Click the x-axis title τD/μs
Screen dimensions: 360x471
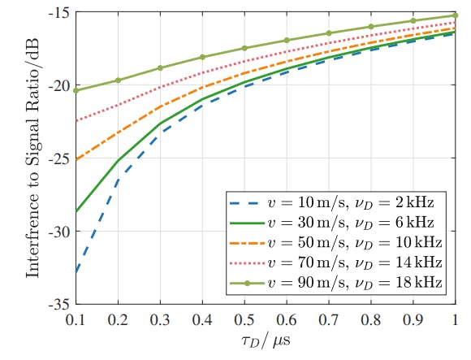(x=265, y=341)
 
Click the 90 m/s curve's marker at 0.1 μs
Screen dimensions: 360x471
(x=76, y=90)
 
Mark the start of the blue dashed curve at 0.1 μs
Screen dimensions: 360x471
(x=76, y=272)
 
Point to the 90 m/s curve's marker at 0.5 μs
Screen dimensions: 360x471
(x=244, y=48)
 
